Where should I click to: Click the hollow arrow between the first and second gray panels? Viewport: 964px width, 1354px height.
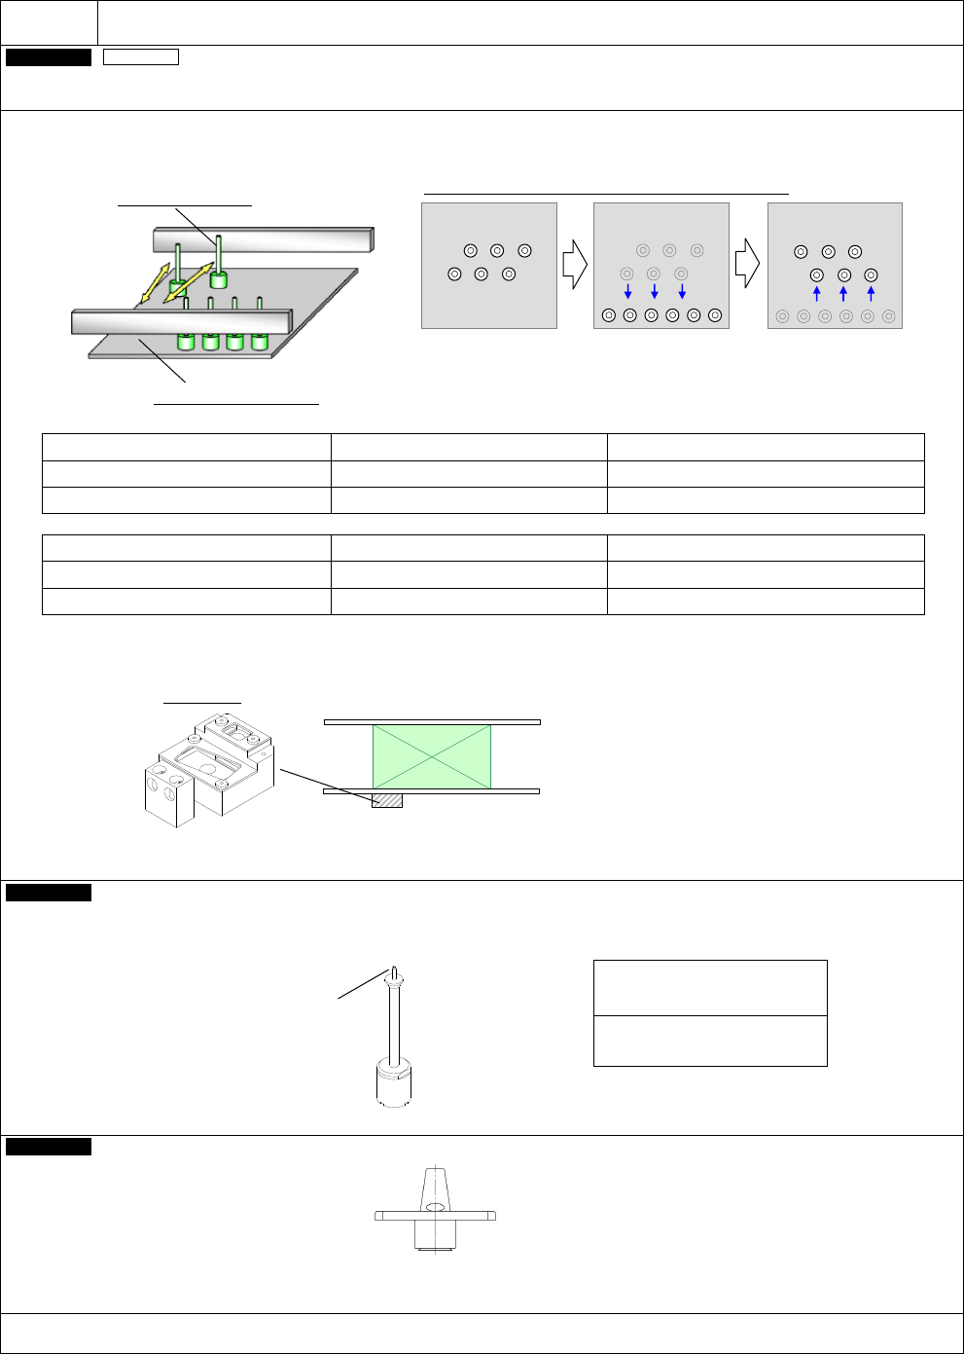coord(575,265)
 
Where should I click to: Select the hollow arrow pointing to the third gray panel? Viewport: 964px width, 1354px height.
coord(747,263)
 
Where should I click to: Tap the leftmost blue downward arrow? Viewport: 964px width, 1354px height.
coord(627,290)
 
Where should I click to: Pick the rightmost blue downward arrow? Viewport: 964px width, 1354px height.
coord(682,290)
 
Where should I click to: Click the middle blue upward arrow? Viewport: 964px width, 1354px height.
coord(843,294)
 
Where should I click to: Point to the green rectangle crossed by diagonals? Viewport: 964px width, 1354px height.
coord(432,757)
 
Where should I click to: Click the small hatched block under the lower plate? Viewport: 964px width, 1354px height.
coord(387,800)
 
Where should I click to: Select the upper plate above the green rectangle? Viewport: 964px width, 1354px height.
coord(432,722)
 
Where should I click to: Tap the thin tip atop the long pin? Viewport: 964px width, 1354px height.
coord(394,971)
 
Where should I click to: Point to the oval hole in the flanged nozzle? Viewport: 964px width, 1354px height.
coord(435,1207)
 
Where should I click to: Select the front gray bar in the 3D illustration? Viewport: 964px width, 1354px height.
coord(181,321)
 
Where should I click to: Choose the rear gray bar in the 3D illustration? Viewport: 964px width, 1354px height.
coord(263,239)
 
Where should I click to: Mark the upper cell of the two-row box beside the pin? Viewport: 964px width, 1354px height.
coord(710,988)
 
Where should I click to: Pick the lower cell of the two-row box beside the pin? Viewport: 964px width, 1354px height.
coord(710,1041)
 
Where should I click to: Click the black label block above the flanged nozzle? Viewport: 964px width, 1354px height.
coord(49,1147)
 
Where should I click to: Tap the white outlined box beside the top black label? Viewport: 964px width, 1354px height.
coord(141,57)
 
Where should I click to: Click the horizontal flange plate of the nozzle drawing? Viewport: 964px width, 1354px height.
coord(435,1216)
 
